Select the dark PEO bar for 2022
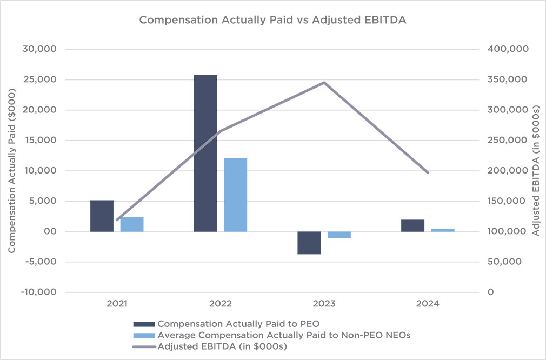(205, 153)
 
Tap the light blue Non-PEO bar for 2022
(235, 195)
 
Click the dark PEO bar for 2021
(102, 216)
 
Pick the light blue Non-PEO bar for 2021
(132, 224)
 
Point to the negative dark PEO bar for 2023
(309, 243)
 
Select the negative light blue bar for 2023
(339, 235)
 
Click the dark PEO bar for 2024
(412, 225)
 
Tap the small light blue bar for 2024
(443, 230)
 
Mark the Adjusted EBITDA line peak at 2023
(324, 82)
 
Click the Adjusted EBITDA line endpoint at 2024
(428, 173)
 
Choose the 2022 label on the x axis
(221, 304)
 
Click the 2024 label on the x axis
(428, 304)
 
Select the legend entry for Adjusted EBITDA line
(222, 347)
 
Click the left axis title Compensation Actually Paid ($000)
(11, 170)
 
